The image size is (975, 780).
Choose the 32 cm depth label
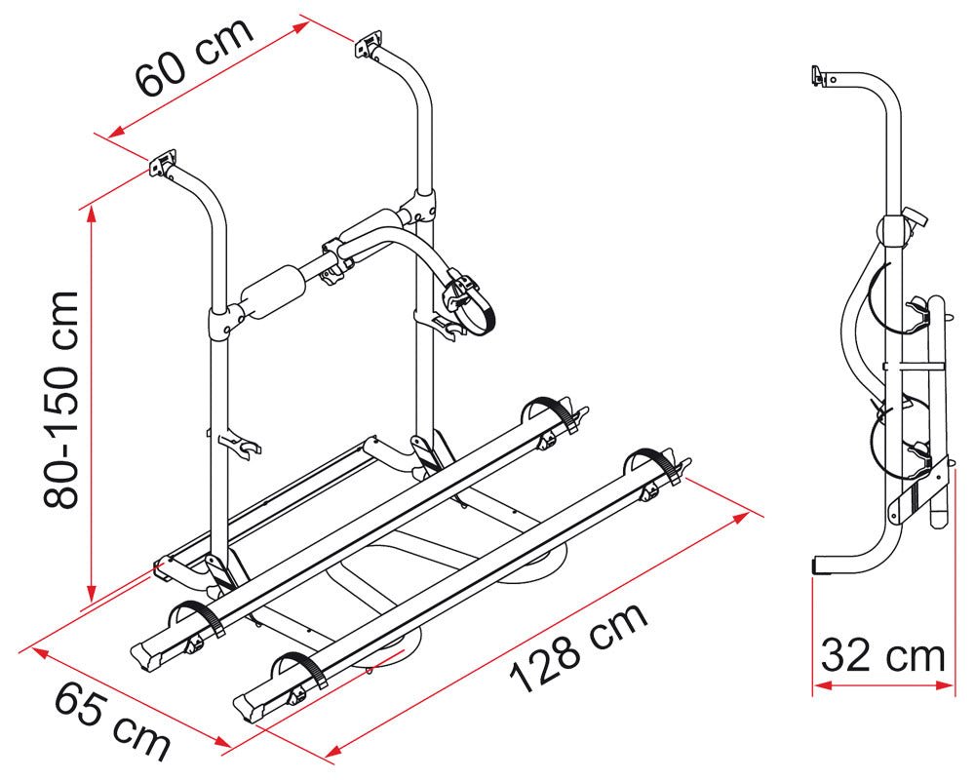(x=883, y=655)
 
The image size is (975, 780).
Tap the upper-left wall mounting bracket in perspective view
(x=163, y=163)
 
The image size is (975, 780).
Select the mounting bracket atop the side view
(x=820, y=76)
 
